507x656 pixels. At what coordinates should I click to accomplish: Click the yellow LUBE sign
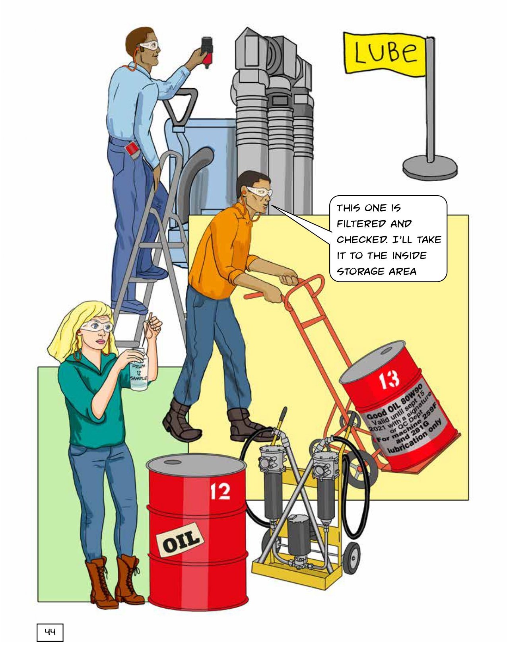(384, 53)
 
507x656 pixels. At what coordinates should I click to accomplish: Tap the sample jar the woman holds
(139, 369)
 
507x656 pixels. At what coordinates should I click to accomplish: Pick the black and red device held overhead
(207, 52)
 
